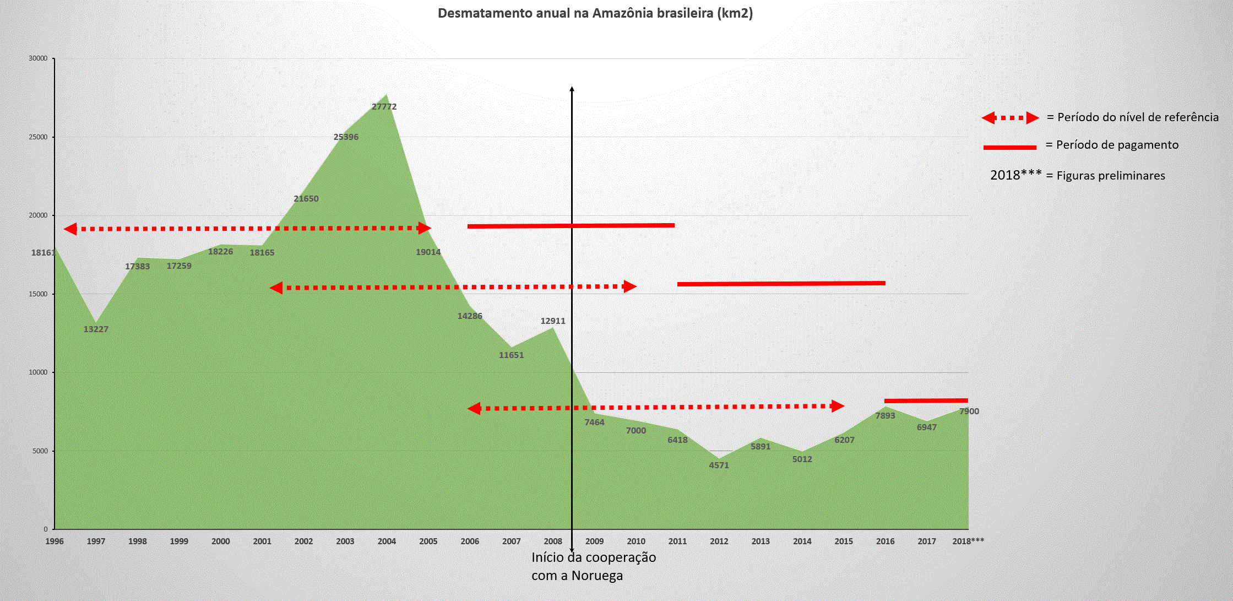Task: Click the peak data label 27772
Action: click(384, 107)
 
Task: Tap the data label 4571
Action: click(719, 465)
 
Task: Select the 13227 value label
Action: click(96, 329)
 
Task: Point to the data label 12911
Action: click(553, 321)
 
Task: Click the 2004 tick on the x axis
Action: click(387, 542)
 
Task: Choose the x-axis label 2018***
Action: click(968, 542)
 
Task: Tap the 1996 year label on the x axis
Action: click(55, 542)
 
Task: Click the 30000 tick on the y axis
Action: click(38, 58)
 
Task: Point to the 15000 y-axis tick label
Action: click(38, 294)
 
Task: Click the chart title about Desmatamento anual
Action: click(595, 13)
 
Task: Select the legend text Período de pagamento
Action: click(1117, 145)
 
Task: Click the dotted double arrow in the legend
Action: click(1010, 118)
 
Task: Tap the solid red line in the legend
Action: click(1010, 148)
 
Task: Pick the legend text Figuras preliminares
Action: click(1111, 176)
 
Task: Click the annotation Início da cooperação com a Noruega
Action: click(594, 566)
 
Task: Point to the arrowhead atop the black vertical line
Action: click(572, 89)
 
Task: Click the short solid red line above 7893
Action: click(926, 401)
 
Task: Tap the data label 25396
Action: click(346, 137)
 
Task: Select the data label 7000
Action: click(636, 431)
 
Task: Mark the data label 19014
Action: click(428, 252)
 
